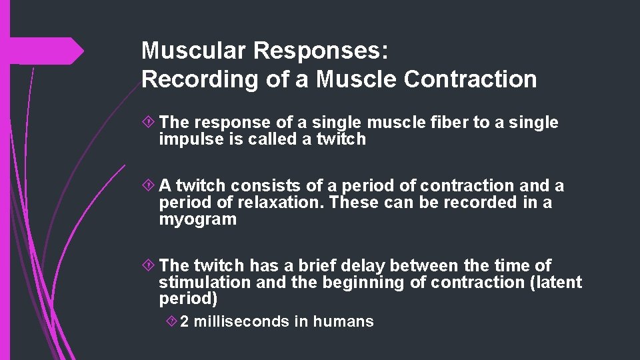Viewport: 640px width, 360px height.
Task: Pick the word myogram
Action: tap(197, 219)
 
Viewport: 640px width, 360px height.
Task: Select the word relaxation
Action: tap(286, 203)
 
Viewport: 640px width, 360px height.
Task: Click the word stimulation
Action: tap(205, 283)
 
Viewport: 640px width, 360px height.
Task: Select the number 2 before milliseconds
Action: tap(184, 321)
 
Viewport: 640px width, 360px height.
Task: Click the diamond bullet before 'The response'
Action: tap(149, 123)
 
